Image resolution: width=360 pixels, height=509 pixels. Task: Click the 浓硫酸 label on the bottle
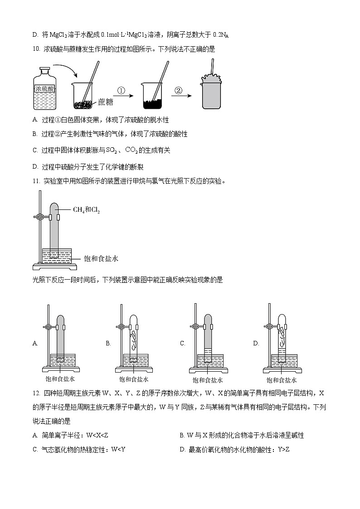44,89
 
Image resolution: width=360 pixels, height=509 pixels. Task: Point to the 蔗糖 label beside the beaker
105,102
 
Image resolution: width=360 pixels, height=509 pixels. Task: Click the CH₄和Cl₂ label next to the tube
86,209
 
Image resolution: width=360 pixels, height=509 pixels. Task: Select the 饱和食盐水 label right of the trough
101,258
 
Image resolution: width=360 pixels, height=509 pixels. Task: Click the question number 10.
36,49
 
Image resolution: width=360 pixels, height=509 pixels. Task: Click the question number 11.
36,181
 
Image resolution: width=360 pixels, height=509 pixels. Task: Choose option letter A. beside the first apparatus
35,344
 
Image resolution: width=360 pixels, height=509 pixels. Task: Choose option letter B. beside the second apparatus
108,344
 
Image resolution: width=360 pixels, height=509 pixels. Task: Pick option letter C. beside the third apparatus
183,344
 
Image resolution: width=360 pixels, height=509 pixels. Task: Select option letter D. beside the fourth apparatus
256,344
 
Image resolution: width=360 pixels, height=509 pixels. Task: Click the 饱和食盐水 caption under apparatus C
208,380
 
